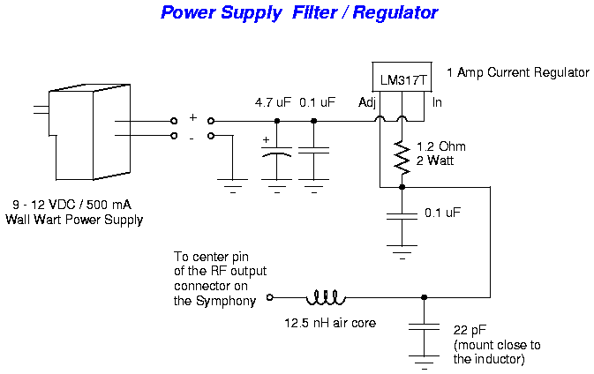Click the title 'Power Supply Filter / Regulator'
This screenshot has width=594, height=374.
[298, 13]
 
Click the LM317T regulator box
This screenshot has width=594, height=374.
[402, 80]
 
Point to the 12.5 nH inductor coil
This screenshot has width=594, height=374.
[325, 297]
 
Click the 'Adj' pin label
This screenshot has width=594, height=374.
[367, 103]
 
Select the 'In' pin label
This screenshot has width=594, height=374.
[436, 103]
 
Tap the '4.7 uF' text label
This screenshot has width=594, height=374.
[272, 103]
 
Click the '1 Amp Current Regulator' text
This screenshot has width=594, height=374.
[517, 72]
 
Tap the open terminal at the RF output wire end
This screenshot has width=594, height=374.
[270, 297]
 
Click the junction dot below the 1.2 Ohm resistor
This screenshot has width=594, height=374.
[402, 187]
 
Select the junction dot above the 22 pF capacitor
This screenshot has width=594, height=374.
[425, 297]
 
